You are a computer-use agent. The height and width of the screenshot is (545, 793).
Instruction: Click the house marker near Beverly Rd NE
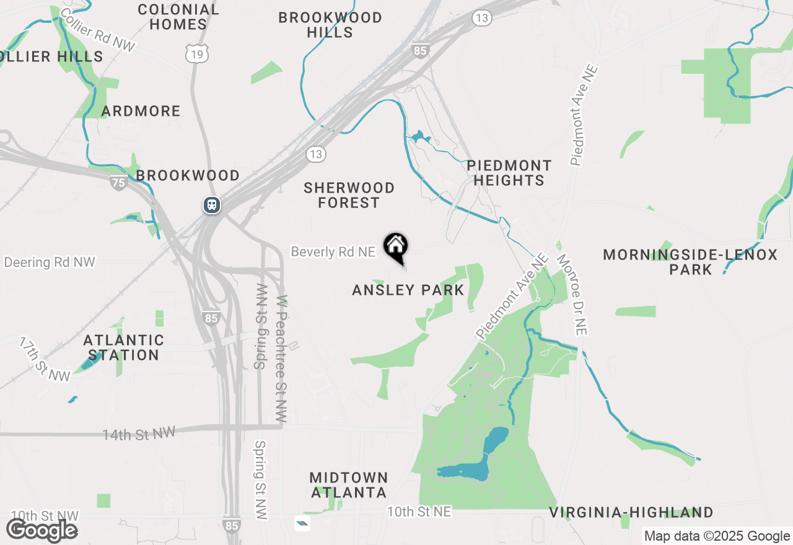(395, 246)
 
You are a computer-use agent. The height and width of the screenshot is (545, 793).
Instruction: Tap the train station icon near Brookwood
(212, 204)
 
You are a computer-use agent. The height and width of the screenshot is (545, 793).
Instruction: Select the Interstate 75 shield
(119, 182)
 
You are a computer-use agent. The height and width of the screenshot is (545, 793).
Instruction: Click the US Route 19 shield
(197, 54)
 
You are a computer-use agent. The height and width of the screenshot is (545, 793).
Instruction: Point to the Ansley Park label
(408, 290)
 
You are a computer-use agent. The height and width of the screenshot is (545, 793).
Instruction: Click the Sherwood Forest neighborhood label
(349, 195)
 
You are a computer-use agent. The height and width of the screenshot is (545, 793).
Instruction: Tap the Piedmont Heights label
(509, 173)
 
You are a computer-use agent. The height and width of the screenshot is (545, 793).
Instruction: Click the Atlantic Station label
(124, 347)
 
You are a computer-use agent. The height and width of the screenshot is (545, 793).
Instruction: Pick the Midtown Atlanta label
(349, 485)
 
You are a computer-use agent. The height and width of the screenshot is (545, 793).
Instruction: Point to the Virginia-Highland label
(631, 512)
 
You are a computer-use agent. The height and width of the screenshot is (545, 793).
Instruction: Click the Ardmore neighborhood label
(141, 111)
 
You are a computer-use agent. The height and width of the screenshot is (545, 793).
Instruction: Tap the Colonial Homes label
(178, 17)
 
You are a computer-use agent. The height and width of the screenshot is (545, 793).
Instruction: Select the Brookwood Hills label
(330, 25)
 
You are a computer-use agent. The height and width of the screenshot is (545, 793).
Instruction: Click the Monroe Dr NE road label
(571, 294)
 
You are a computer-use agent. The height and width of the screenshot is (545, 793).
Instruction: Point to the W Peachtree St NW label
(283, 359)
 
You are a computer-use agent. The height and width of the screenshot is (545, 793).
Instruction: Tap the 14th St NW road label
(139, 434)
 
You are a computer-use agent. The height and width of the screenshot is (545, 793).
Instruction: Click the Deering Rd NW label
(50, 262)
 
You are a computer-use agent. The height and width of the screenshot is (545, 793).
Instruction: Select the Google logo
(42, 530)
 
